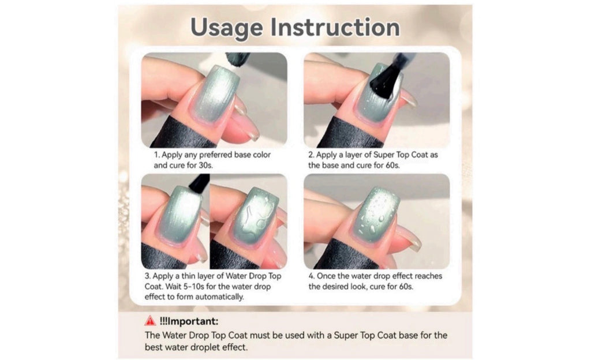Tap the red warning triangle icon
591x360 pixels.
150,321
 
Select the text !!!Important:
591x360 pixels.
189,321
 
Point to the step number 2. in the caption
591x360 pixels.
311,155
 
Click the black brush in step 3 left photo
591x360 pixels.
199,183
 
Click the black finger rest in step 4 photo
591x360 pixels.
341,256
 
